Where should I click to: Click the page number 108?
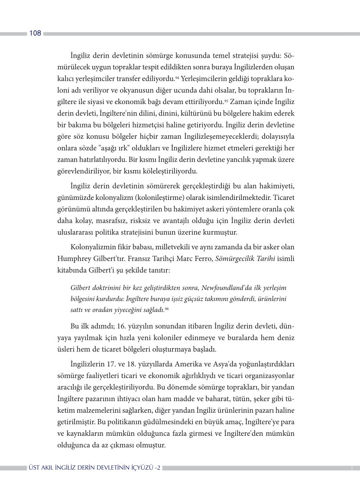[35, 33]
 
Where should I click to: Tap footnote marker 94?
[177, 77]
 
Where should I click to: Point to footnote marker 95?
[226, 101]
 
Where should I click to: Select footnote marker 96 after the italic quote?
[167, 308]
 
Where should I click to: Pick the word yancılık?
[231, 159]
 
